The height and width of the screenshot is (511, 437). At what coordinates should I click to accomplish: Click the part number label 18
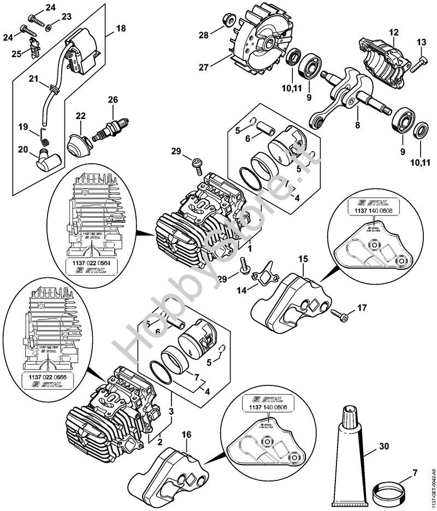click(121, 28)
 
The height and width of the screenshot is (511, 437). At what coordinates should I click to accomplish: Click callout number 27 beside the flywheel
click(203, 68)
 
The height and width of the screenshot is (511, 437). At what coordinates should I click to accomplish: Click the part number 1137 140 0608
click(368, 210)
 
